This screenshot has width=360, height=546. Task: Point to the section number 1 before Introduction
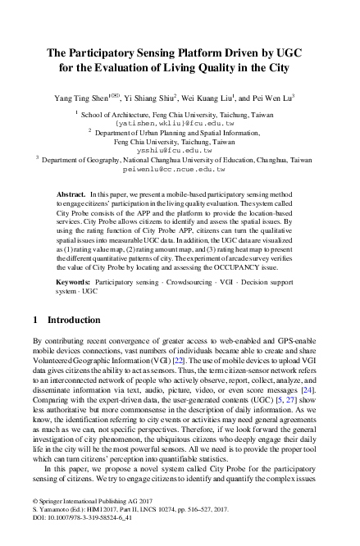pyautogui.click(x=34, y=319)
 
